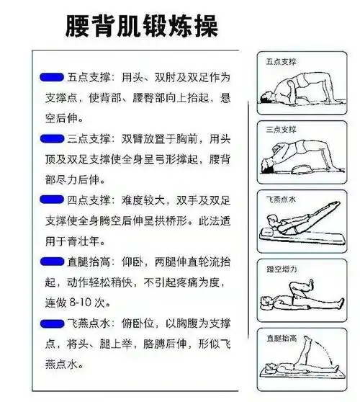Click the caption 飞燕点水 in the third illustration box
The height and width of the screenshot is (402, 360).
(282, 197)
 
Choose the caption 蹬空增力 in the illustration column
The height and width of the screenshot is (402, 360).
(282, 267)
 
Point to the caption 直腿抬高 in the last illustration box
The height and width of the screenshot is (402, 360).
(282, 336)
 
